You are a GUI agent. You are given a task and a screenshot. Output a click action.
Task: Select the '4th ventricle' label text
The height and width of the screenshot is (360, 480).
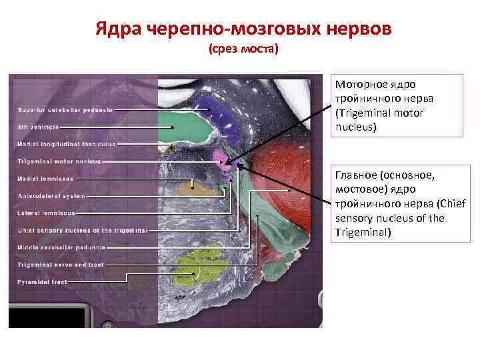point(39,127)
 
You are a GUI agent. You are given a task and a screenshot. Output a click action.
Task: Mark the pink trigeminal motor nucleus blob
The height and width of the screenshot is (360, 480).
point(221,156)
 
